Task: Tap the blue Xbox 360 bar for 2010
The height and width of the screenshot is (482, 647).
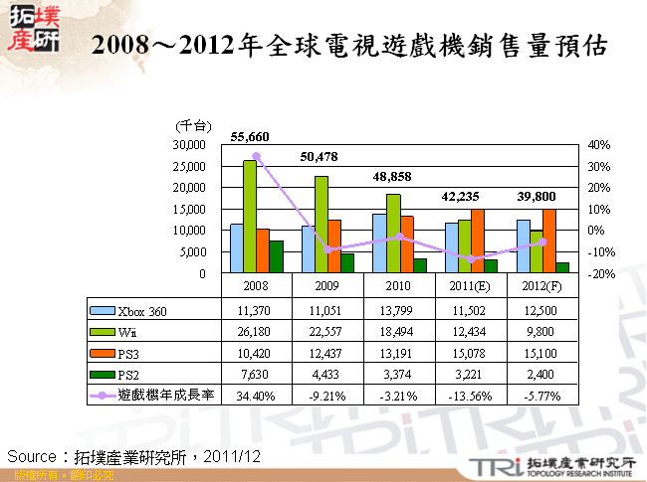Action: [x=379, y=242]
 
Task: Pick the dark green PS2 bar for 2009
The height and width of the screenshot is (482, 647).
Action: [x=347, y=263]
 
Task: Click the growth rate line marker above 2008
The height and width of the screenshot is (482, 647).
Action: [x=256, y=156]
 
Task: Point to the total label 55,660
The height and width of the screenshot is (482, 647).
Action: [x=250, y=136]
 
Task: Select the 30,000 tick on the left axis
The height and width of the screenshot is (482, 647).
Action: [x=188, y=144]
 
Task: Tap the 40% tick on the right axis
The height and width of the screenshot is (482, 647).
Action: [x=599, y=144]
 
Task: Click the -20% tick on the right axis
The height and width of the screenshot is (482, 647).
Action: [x=599, y=273]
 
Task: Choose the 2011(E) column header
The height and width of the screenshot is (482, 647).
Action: [x=470, y=285]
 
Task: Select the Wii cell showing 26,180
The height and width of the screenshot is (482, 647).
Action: [x=256, y=332]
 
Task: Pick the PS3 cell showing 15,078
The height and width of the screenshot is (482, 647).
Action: [x=470, y=353]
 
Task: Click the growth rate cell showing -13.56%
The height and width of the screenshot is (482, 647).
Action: [x=470, y=395]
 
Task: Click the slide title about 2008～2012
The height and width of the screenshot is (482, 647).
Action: [x=348, y=47]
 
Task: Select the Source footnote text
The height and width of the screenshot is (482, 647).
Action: [x=134, y=456]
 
